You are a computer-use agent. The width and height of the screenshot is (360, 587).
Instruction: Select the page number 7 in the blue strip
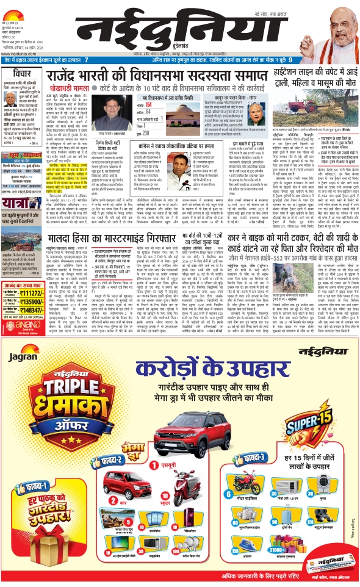tap(87, 60)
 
